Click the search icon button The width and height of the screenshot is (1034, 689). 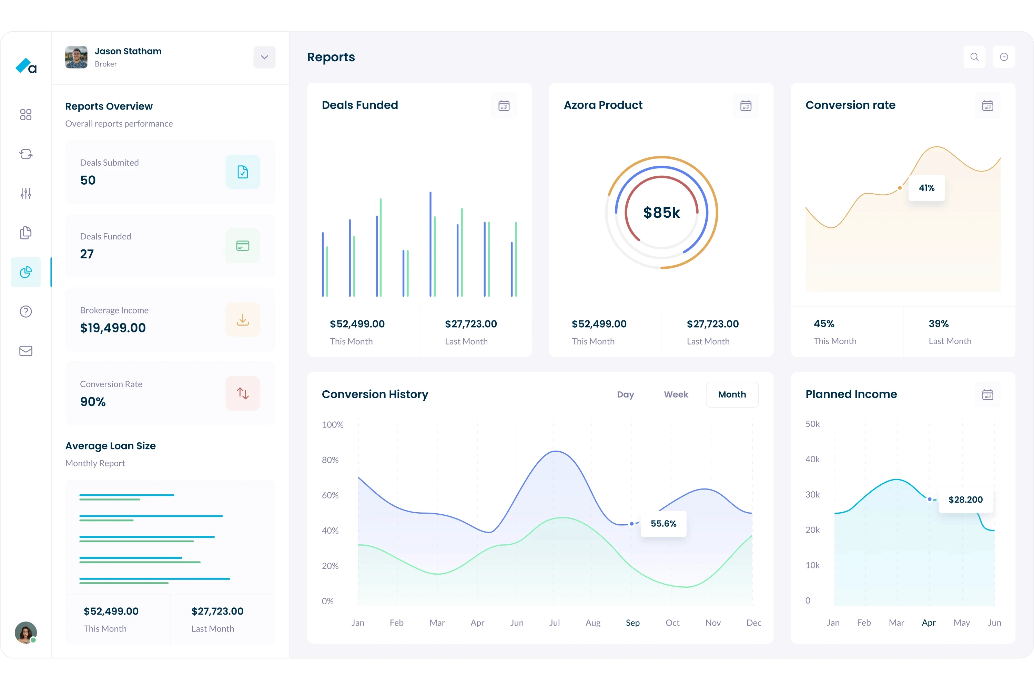(x=974, y=57)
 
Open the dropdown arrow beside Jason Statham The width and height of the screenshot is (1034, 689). (x=264, y=58)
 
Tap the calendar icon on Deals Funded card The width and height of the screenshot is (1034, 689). (x=504, y=106)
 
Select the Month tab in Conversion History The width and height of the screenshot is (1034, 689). (x=732, y=394)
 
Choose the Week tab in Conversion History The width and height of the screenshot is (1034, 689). (x=676, y=394)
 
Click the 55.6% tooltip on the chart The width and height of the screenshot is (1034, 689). (x=663, y=523)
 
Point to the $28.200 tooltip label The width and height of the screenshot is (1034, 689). (x=965, y=500)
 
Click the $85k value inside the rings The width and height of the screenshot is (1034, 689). (x=662, y=213)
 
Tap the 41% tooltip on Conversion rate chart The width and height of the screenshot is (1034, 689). (x=927, y=188)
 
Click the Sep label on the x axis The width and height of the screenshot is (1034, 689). (x=632, y=623)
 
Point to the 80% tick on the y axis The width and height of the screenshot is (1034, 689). (x=330, y=460)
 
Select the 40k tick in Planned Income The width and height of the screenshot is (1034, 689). (x=812, y=459)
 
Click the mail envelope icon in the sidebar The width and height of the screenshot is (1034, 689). (x=26, y=351)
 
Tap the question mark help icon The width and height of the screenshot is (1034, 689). (x=26, y=311)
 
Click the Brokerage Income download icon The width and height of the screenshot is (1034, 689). (x=243, y=319)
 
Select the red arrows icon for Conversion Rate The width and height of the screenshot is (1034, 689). (x=243, y=393)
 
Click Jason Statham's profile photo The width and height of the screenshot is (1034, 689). (x=77, y=58)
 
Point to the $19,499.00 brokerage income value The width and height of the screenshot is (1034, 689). (x=113, y=328)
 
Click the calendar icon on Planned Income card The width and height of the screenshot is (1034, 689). (x=987, y=394)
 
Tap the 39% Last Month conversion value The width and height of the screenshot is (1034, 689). (x=939, y=324)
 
